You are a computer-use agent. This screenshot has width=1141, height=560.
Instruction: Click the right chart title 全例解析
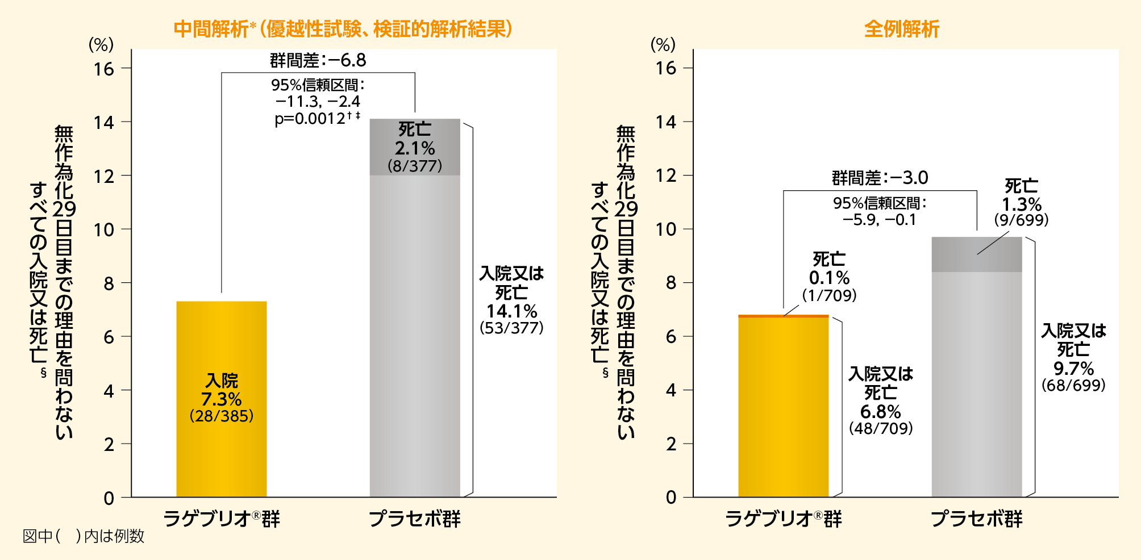(902, 28)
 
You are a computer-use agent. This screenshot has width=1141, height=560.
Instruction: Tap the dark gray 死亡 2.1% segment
(415, 148)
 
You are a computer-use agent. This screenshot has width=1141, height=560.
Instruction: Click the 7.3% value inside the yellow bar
(221, 399)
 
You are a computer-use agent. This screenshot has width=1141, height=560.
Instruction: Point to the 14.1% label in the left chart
(511, 311)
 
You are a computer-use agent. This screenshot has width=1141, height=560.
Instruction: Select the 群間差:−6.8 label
(318, 60)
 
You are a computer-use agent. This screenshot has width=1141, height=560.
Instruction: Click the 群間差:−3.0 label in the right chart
(880, 178)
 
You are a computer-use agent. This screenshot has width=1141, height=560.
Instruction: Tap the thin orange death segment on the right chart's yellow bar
(783, 316)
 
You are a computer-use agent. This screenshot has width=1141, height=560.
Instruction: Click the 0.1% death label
(829, 278)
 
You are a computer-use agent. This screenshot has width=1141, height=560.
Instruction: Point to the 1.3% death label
(1021, 204)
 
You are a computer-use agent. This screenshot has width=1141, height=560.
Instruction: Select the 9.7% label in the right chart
(1073, 368)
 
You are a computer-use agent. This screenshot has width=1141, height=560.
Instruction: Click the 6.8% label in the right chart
(880, 411)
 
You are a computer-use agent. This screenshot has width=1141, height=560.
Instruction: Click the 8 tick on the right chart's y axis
(671, 283)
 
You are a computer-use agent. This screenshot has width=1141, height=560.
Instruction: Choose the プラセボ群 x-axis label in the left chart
(414, 519)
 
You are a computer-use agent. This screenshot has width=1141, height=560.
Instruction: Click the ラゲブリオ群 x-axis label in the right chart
(783, 519)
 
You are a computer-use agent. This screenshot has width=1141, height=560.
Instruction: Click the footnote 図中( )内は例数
(84, 536)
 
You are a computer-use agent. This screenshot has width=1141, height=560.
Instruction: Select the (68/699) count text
(1073, 385)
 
